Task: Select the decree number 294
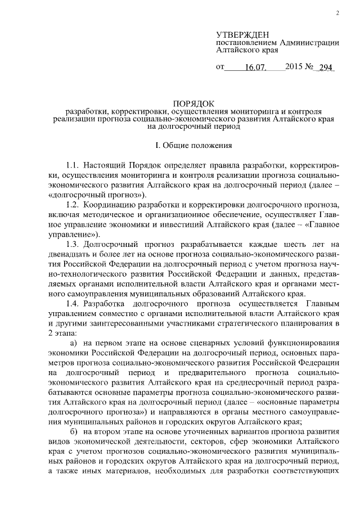pyautogui.click(x=326, y=68)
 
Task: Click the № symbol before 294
pyautogui.click(x=309, y=67)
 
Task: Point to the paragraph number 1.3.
pyautogui.click(x=73, y=244)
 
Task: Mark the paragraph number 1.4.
pyautogui.click(x=73, y=303)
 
